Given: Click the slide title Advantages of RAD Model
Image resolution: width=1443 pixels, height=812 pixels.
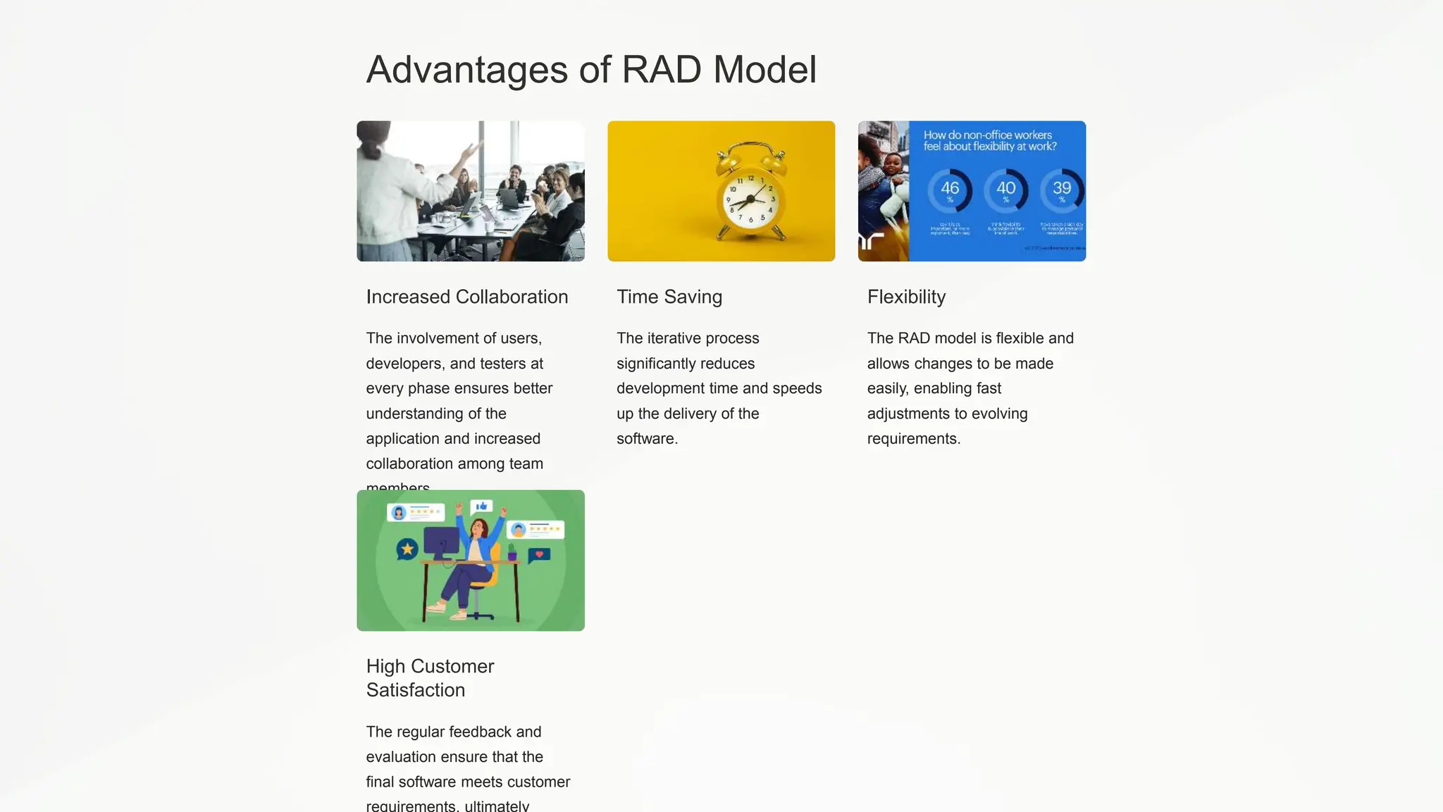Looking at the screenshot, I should (591, 70).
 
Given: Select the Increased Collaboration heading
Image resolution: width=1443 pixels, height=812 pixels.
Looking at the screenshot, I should (466, 297).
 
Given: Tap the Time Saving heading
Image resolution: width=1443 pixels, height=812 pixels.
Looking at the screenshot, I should (669, 297).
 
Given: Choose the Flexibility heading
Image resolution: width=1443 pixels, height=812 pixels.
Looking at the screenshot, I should (906, 297).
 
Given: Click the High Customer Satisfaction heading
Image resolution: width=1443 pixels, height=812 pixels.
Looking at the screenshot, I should (430, 677).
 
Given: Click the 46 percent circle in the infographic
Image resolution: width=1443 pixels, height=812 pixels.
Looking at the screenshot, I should (950, 190).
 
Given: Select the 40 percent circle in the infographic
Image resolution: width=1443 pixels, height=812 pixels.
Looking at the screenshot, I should (1005, 190).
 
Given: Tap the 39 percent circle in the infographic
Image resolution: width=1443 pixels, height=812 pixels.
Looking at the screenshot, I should (1061, 190).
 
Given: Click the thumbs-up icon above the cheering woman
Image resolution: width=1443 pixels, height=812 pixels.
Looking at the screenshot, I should (482, 506).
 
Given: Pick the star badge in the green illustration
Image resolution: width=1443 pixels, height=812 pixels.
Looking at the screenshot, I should (407, 549).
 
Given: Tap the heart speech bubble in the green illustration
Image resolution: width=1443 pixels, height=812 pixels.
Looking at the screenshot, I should (539, 555).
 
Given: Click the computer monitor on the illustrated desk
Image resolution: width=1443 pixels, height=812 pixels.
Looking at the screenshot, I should (441, 542).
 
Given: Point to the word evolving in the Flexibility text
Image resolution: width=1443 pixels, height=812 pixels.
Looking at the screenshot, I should (1001, 414).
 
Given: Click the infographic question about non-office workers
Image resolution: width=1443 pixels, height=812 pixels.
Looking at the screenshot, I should (990, 140).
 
